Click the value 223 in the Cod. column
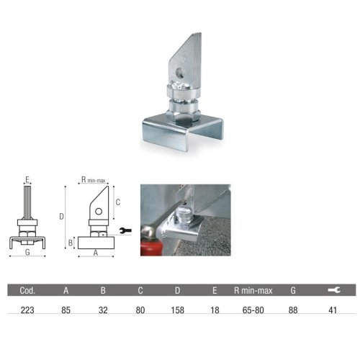[27, 310]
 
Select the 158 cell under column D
[178, 310]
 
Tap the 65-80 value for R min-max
[253, 310]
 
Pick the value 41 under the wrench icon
[333, 310]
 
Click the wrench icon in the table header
[334, 290]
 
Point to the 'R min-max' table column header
[253, 291]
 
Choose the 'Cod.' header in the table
[27, 291]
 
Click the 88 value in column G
[293, 310]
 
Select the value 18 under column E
[215, 310]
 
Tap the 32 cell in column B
[103, 310]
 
